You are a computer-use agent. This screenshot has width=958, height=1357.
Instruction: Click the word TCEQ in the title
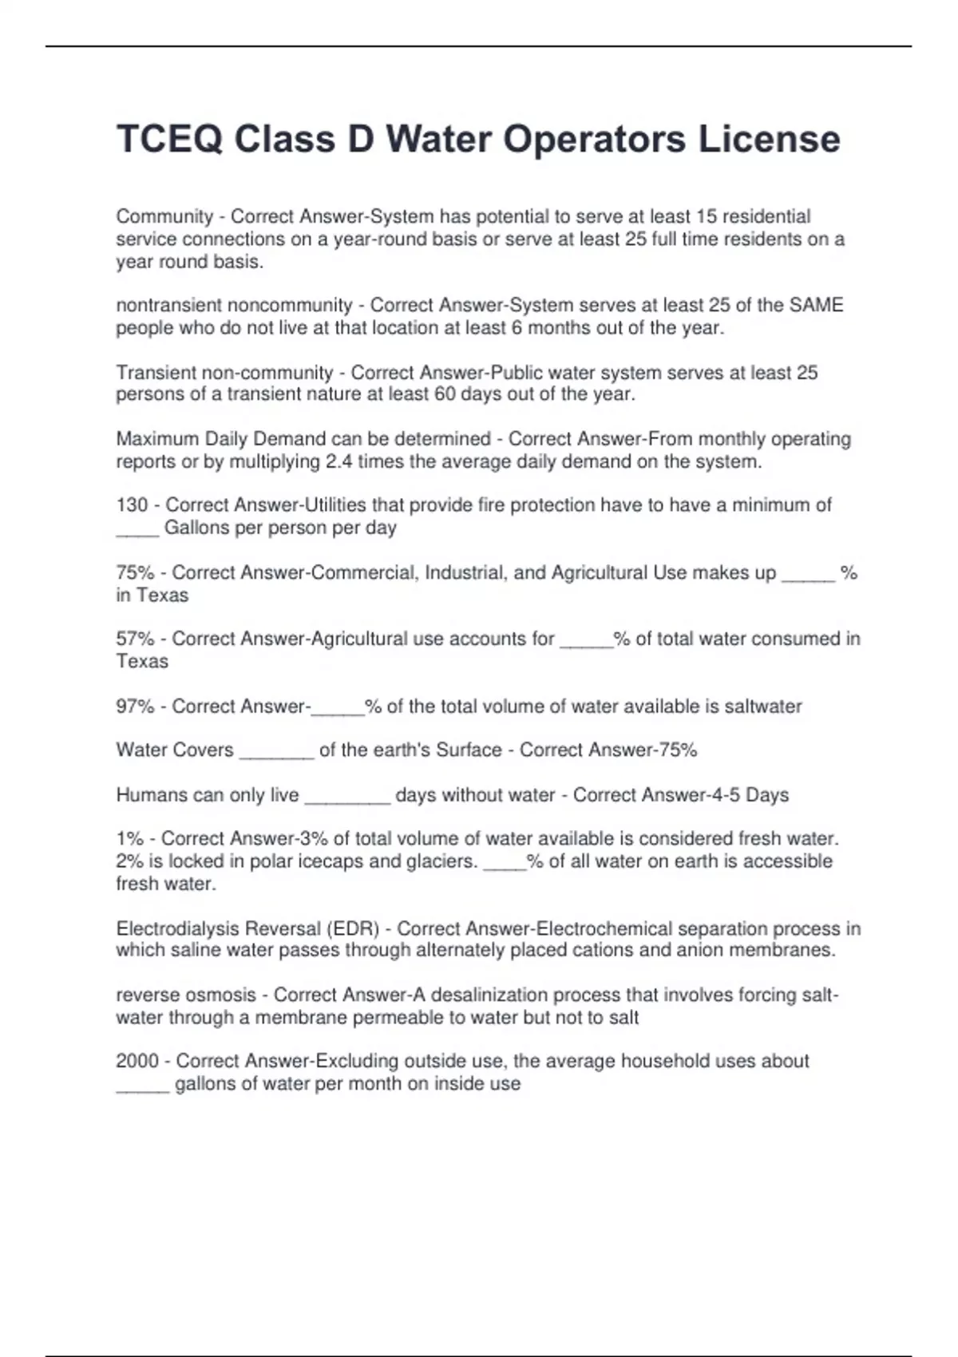click(169, 140)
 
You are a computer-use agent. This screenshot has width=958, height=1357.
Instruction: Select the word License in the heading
click(770, 140)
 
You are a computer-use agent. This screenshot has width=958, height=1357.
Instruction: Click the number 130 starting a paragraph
click(132, 505)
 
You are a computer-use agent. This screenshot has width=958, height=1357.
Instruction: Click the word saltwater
click(763, 706)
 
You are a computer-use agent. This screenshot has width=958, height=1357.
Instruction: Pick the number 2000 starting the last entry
click(137, 1061)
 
